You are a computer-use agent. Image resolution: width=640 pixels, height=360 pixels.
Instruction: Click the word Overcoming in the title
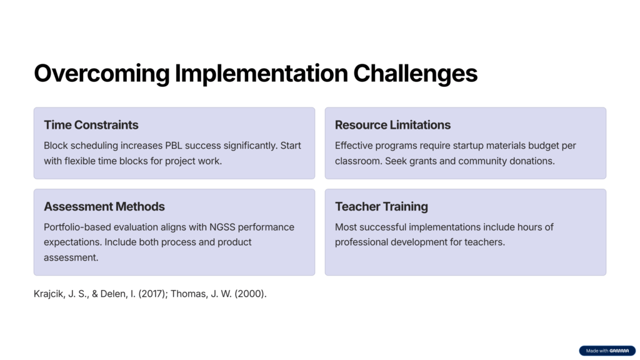(x=102, y=74)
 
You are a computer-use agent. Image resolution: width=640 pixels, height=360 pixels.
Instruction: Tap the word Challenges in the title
(x=415, y=74)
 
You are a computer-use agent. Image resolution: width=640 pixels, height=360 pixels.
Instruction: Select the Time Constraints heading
(x=91, y=125)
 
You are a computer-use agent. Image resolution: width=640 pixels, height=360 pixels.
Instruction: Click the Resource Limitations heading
(x=392, y=125)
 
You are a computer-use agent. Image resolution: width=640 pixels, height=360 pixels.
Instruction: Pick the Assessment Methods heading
(x=104, y=206)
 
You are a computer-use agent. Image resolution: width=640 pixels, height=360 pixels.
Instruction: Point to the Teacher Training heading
(x=381, y=206)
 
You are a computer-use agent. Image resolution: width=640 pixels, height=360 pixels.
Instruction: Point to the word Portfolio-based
(x=77, y=227)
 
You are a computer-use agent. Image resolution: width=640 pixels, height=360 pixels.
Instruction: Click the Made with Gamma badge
(x=607, y=351)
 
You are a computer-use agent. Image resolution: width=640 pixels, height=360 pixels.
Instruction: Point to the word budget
(x=544, y=146)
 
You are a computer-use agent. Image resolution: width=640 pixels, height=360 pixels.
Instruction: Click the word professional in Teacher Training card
(x=362, y=242)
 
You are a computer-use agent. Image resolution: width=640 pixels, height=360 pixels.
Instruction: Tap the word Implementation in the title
(x=261, y=74)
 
